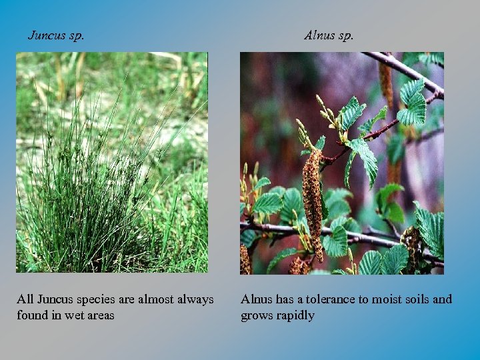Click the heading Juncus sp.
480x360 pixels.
coord(56,35)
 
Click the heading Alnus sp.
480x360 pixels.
coord(329,35)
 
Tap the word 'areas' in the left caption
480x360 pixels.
coord(99,315)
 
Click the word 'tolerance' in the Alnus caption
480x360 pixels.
coord(323,300)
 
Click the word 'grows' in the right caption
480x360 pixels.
coord(257,315)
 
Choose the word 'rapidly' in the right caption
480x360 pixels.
coord(296,315)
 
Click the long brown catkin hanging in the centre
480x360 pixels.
coord(312,200)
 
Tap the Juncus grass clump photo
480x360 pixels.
coord(112,162)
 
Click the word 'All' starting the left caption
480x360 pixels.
coord(25,300)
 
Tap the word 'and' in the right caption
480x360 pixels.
coord(442,300)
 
